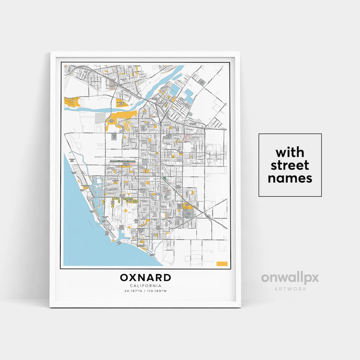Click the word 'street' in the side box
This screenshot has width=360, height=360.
[x=290, y=165]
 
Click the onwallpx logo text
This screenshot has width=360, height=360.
[x=290, y=278]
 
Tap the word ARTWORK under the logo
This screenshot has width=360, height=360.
[x=290, y=289]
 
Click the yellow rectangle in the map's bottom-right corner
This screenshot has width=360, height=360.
[x=222, y=264]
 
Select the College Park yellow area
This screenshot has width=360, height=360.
[x=187, y=206]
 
